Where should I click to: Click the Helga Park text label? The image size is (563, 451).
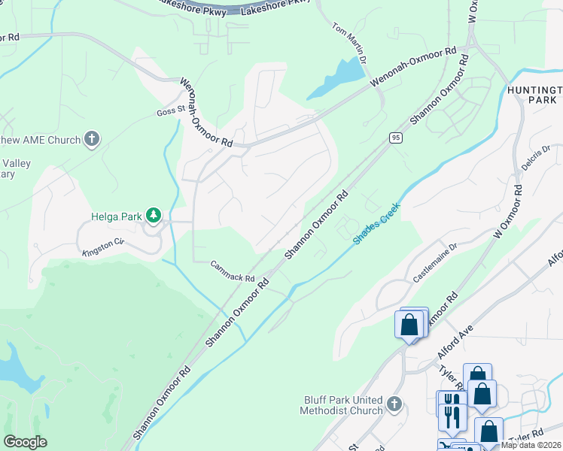(x=117, y=216)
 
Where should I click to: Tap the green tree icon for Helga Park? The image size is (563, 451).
(x=154, y=216)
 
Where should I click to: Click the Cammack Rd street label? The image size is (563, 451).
(x=233, y=271)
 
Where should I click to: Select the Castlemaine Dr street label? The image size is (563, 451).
(x=435, y=262)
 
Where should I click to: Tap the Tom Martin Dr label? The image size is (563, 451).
(x=350, y=42)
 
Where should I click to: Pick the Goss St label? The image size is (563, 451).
(x=170, y=110)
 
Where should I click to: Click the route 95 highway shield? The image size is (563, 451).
(x=395, y=138)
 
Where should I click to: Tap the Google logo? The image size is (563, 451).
(x=26, y=442)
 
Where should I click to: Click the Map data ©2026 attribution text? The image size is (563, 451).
(x=531, y=445)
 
